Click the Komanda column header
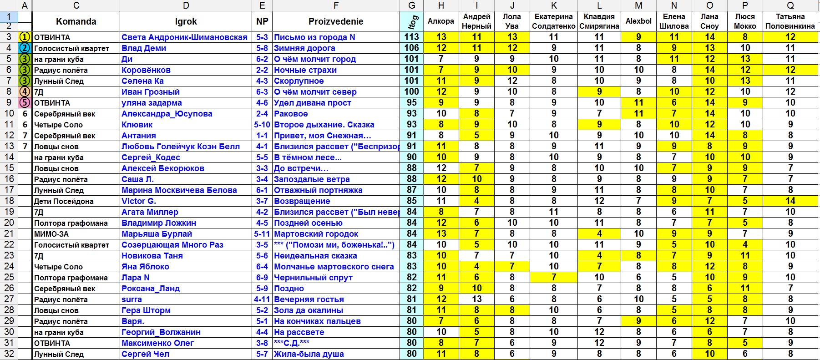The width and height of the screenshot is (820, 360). pos(76,21)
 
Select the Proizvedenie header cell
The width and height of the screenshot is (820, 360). pos(336,21)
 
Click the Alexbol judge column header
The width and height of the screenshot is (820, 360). pos(638,21)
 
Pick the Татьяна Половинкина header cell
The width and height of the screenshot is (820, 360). pos(790,21)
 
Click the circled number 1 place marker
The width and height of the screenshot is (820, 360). pos(25,37)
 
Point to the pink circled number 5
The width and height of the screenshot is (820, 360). pos(25,103)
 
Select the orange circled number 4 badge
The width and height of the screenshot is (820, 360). pos(25,92)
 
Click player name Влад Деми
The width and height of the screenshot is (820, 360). pos(144,48)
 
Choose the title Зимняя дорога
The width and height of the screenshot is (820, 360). pos(304,48)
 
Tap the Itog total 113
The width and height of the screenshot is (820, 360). pos(412,37)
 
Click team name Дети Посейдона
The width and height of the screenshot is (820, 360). pos(64,201)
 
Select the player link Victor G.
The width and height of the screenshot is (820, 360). pos(139,201)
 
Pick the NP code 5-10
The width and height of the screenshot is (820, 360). pos(262,125)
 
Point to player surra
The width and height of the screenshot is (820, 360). pos(132,299)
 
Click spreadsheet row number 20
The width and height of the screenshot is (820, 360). pos(9,223)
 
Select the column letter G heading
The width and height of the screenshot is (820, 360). pos(412,5)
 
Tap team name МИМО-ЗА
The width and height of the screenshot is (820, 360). pos(51,234)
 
